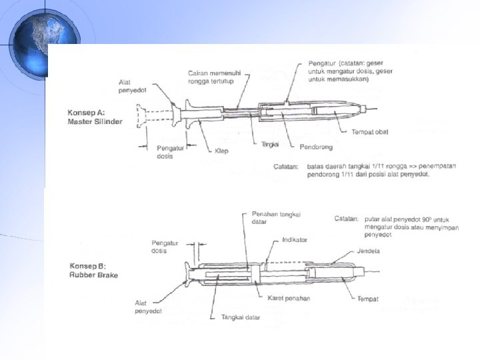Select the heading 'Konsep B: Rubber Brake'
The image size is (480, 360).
coord(93,273)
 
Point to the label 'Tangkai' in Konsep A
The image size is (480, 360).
coord(270,145)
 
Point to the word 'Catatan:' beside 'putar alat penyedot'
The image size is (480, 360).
coord(345,218)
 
